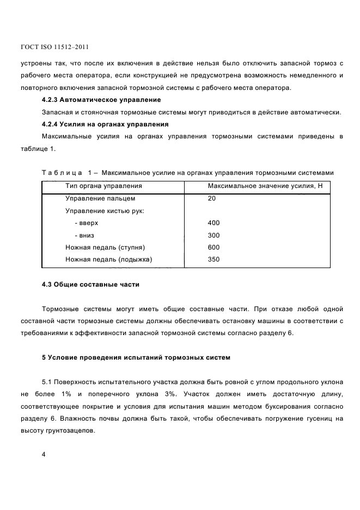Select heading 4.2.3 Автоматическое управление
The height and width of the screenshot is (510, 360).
101,100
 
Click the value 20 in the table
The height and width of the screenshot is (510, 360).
211,198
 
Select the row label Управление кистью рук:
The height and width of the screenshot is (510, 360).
105,211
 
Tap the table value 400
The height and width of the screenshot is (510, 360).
213,223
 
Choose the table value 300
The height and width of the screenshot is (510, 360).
213,235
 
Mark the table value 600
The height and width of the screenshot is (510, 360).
213,247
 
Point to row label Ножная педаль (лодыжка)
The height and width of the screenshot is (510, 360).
108,259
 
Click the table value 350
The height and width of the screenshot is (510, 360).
213,259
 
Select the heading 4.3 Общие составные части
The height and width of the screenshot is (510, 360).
90,284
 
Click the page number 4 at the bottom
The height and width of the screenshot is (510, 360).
44,454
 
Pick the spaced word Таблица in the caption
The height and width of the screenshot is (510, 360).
62,173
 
